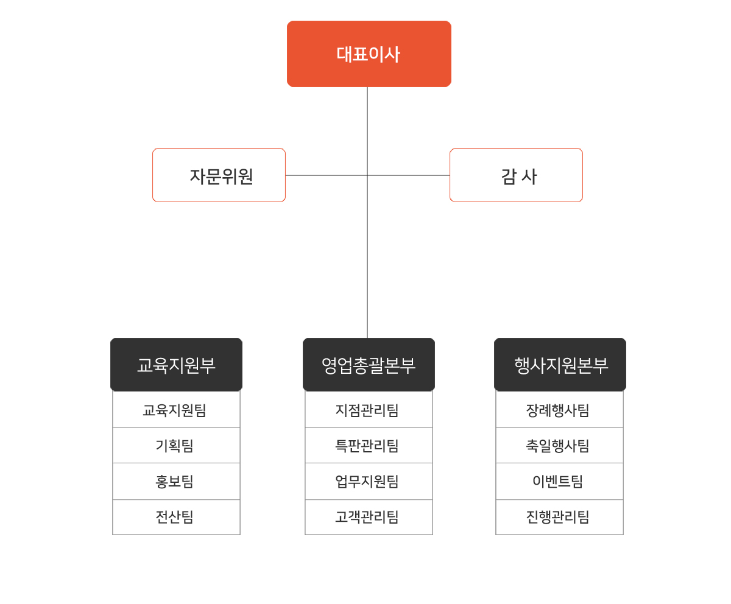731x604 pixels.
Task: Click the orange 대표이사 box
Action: click(x=369, y=54)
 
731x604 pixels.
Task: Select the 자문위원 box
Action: click(x=219, y=175)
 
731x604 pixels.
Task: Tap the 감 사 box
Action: click(x=516, y=175)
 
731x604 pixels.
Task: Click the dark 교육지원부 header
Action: click(x=176, y=365)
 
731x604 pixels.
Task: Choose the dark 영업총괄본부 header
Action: click(x=369, y=365)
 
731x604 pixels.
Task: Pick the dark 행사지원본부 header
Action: click(x=560, y=365)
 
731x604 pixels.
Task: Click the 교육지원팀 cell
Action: click(x=176, y=409)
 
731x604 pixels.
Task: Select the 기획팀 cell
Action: click(x=176, y=446)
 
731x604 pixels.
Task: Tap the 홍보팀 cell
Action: click(x=176, y=482)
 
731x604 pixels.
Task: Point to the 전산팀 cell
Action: click(x=176, y=517)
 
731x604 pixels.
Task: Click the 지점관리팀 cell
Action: click(x=369, y=409)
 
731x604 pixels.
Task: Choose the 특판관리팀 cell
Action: click(x=369, y=446)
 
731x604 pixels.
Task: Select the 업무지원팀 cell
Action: click(x=369, y=482)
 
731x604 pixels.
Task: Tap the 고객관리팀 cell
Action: click(x=369, y=517)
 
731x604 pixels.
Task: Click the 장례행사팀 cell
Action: click(x=559, y=409)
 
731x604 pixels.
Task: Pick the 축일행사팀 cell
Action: click(x=559, y=446)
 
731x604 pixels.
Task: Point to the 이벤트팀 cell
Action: click(x=559, y=482)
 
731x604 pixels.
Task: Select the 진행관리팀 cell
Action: click(x=559, y=517)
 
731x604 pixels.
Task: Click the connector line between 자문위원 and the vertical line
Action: click(x=327, y=175)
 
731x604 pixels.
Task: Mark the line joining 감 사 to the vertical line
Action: click(x=409, y=175)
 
